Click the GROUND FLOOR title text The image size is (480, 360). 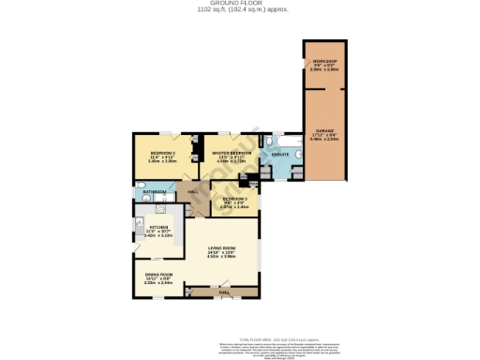tap(241, 4)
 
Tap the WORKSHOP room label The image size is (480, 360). tap(325, 63)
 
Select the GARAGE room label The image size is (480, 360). tap(325, 130)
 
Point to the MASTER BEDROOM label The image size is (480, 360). tap(231, 151)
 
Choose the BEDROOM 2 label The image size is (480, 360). tap(162, 151)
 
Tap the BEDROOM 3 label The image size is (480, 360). tap(234, 199)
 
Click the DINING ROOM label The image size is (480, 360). tap(158, 275)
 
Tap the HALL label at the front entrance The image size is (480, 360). tap(224, 292)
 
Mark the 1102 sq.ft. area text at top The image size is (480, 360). tap(241, 10)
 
